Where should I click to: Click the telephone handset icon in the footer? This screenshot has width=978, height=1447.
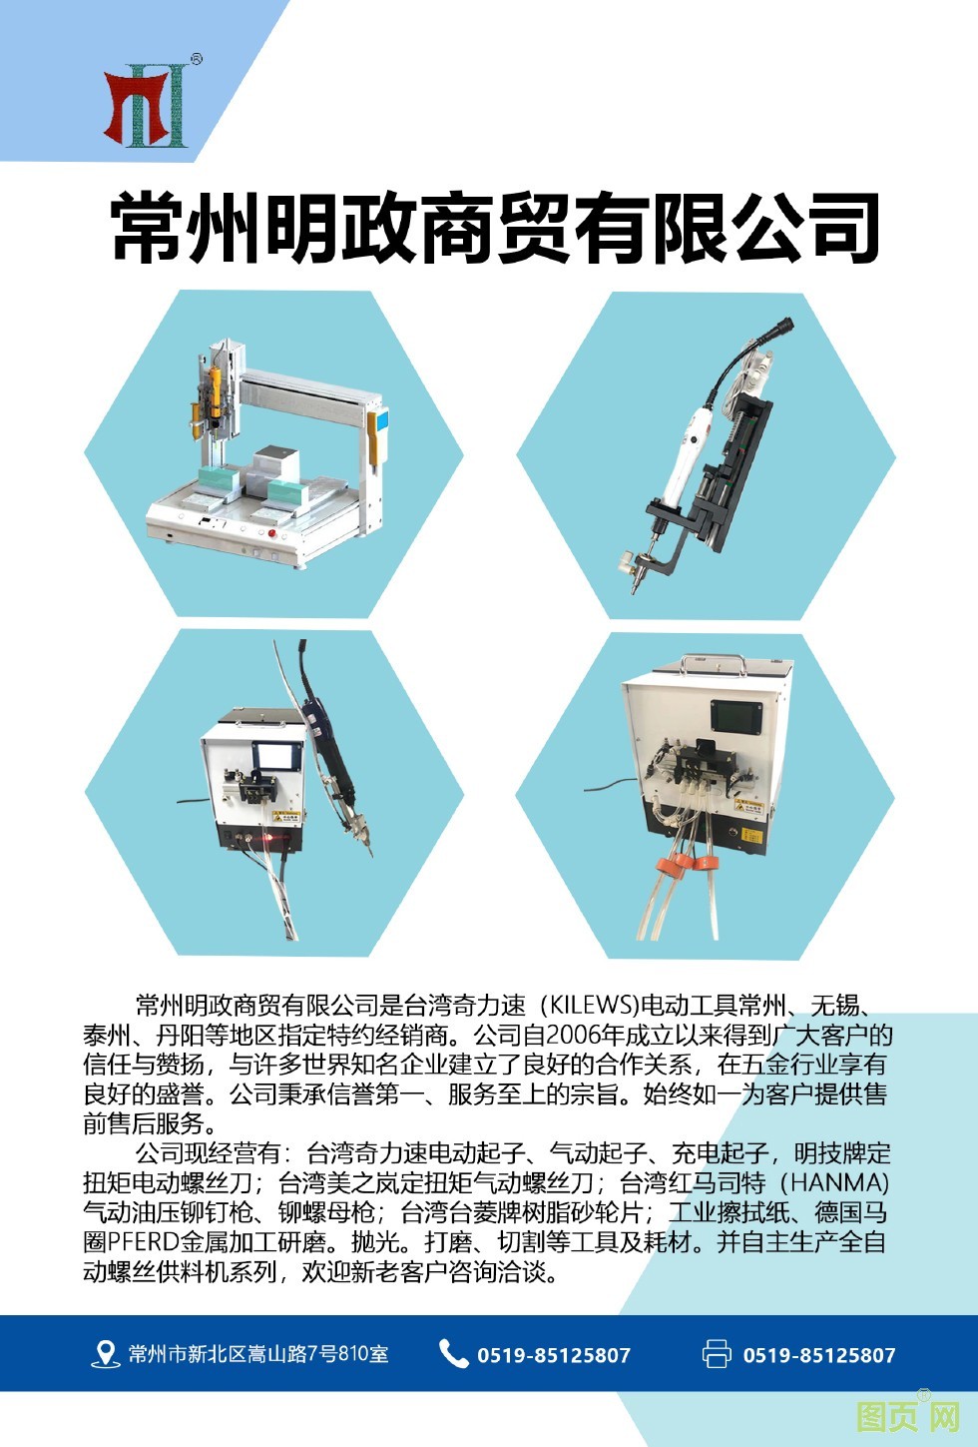tap(454, 1353)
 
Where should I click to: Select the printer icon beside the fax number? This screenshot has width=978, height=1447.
tap(717, 1353)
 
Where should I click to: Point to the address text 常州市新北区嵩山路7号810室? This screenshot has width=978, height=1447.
tap(258, 1354)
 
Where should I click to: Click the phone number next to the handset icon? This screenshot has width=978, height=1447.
tap(554, 1355)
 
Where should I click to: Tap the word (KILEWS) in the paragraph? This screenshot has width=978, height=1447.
tap(589, 1006)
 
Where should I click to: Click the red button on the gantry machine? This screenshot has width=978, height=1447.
tap(271, 533)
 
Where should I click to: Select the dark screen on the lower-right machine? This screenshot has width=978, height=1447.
tap(736, 716)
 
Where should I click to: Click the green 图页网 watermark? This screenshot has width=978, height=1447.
tap(908, 1417)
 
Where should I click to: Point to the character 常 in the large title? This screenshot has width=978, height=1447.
tap(148, 227)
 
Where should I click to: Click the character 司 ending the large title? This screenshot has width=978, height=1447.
tap(842, 227)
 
